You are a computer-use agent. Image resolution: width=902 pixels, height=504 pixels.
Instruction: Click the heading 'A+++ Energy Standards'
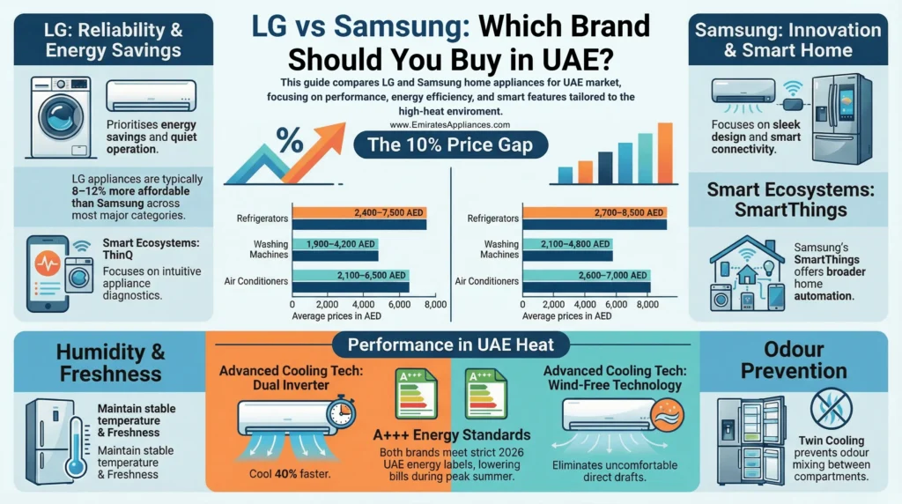coord(451,434)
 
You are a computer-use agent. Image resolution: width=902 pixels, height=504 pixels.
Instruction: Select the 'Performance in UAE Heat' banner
coord(450,345)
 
